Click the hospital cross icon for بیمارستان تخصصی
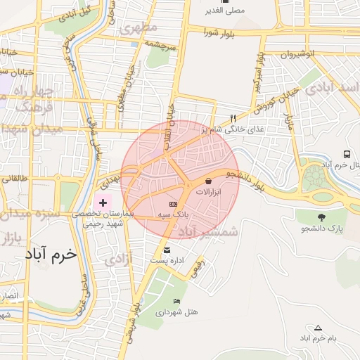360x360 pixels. point(103,202)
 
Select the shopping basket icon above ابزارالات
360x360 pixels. point(208,181)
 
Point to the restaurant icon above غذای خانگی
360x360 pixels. point(233,119)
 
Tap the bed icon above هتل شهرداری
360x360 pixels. point(176,301)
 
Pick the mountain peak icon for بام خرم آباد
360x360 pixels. point(318,328)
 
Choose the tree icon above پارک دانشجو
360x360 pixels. point(322,217)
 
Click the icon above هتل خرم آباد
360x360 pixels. point(347,154)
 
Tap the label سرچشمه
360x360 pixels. point(160,43)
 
